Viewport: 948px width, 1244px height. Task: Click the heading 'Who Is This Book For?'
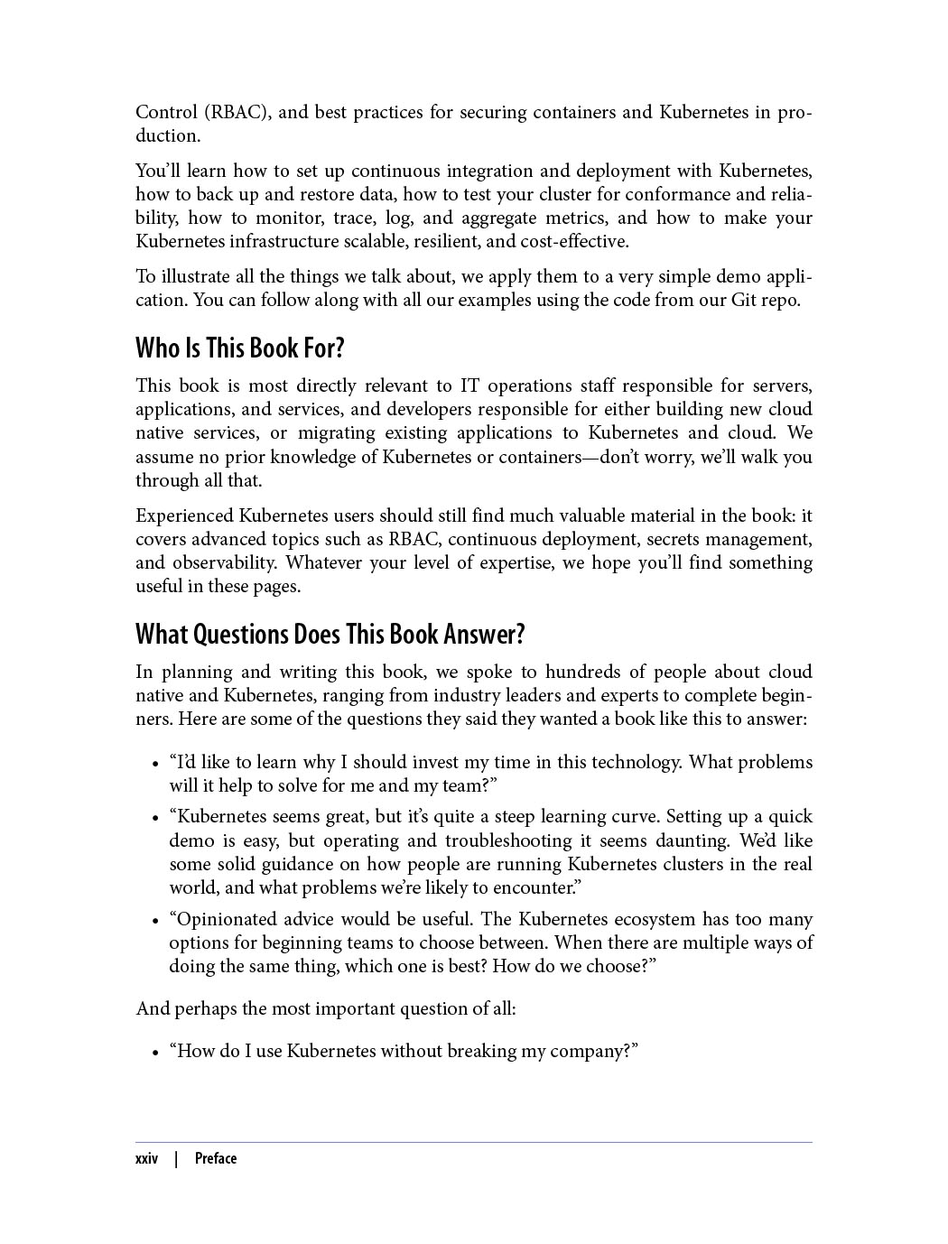240,348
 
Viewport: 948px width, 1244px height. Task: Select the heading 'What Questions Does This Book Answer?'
330,634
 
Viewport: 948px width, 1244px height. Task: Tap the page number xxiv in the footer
146,1158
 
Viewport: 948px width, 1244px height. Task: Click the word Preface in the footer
216,1158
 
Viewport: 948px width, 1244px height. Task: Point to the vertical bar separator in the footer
176,1158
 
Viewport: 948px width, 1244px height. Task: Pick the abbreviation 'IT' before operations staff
469,385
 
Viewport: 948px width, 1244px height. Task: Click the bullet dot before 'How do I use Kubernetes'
157,1053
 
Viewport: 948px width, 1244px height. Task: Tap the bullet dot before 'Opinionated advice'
157,921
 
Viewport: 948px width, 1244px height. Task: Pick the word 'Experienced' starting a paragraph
184,515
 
